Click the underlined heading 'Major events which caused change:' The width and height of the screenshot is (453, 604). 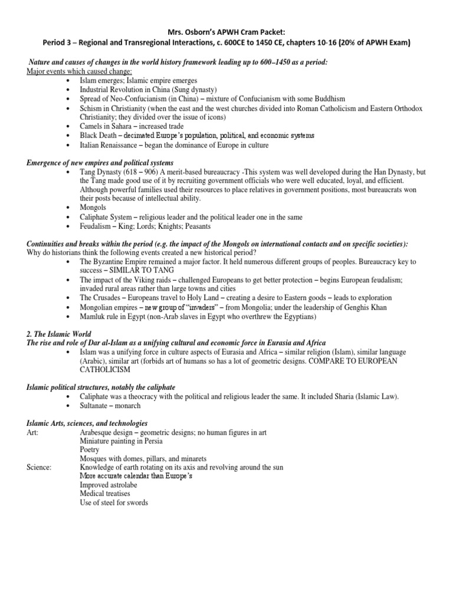(x=79, y=71)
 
